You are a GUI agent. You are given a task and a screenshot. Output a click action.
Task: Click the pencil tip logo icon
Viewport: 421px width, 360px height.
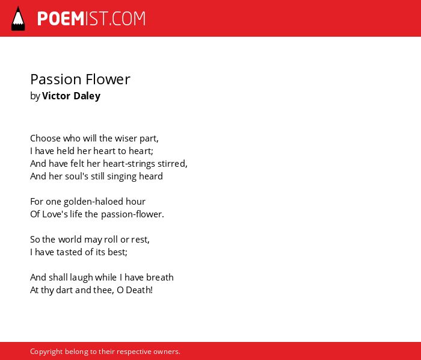point(18,19)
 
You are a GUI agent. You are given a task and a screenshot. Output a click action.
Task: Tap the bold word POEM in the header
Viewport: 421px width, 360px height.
point(61,19)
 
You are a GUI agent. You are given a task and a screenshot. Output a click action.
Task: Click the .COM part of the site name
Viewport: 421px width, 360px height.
point(127,19)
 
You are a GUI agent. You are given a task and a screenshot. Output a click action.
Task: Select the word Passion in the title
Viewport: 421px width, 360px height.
point(55,79)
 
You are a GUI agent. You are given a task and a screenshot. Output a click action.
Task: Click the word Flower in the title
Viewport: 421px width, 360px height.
point(108,79)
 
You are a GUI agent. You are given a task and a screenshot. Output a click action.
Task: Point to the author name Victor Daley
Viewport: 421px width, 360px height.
point(71,96)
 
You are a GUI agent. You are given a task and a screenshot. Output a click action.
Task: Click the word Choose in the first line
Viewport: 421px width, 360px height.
point(45,138)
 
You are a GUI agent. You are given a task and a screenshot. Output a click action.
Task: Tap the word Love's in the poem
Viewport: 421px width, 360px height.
point(55,214)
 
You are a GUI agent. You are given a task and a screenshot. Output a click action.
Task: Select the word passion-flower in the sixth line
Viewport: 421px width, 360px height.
point(132,215)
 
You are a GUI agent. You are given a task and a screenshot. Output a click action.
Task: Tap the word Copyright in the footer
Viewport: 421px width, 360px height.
point(46,352)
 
